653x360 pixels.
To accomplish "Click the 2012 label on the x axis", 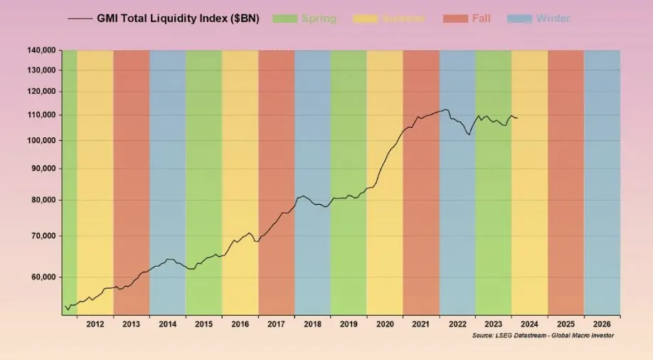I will coord(95,324).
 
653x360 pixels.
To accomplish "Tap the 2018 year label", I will coord(312,324).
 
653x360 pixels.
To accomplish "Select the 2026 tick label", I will coord(601,324).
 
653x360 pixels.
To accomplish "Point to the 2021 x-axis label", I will coord(420,324).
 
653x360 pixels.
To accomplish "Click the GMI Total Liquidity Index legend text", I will coord(178,18).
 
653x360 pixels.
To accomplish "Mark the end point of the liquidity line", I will coord(517,118).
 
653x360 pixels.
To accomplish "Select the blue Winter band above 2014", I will coord(168,178).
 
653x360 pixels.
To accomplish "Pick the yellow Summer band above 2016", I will coord(240,142).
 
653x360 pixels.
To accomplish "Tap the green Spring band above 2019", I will coord(349,142).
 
